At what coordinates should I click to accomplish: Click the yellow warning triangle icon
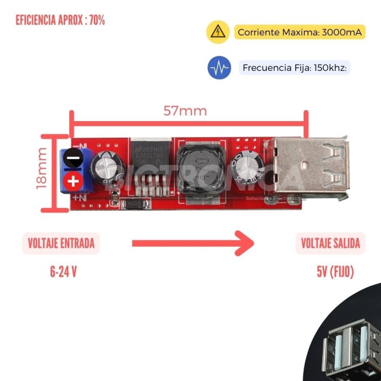[x=217, y=32]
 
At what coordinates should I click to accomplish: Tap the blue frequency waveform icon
[x=219, y=68]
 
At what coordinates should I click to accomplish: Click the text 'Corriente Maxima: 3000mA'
[x=300, y=32]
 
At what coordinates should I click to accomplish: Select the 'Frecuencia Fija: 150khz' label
[x=295, y=68]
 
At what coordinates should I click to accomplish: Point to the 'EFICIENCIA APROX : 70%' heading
[x=60, y=21]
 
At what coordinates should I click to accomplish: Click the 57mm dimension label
[x=185, y=111]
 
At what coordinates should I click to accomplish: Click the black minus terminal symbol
[x=74, y=158]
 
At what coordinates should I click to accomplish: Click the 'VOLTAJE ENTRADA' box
[x=61, y=243]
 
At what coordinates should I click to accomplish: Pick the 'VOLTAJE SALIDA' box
[x=330, y=243]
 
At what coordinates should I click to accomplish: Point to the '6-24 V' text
[x=63, y=272]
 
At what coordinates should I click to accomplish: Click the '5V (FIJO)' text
[x=335, y=272]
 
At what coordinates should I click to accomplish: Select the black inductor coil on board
[x=199, y=168]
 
